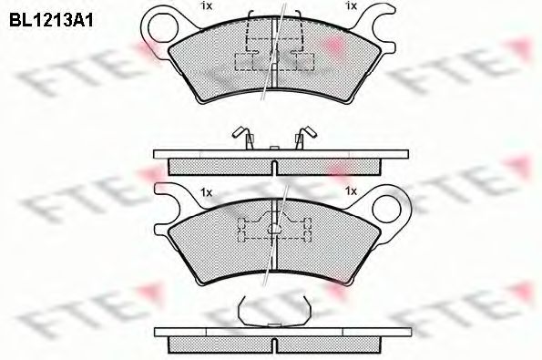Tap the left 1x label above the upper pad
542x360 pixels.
click(207, 7)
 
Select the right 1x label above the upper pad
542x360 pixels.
click(350, 7)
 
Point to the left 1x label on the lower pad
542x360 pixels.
click(206, 193)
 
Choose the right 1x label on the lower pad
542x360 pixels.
click(350, 193)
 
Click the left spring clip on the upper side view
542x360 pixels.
click(243, 138)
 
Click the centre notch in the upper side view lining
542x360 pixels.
click(273, 164)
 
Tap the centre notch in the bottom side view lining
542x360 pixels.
click(272, 345)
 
